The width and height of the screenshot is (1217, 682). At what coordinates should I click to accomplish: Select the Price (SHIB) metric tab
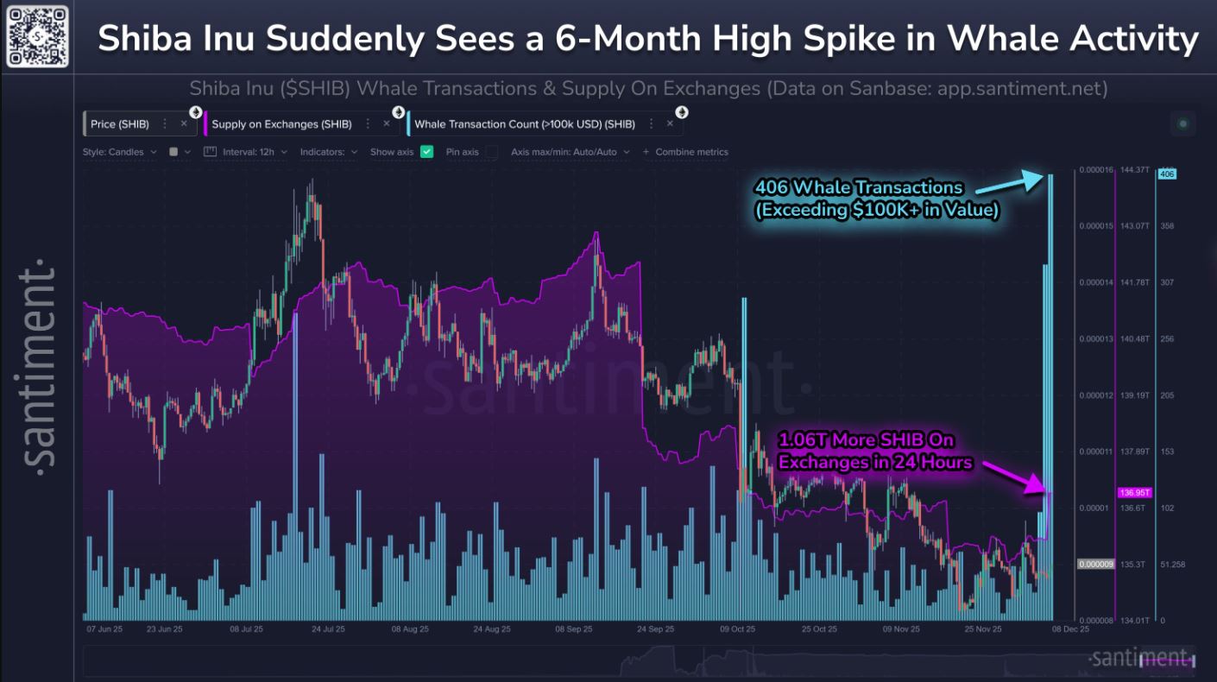click(120, 124)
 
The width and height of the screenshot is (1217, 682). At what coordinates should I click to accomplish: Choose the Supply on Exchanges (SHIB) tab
click(281, 124)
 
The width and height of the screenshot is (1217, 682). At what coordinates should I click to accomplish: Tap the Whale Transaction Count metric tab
click(524, 124)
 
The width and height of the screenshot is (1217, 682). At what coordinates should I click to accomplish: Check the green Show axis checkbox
click(426, 152)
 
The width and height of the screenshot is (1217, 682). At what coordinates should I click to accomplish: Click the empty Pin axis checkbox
click(491, 152)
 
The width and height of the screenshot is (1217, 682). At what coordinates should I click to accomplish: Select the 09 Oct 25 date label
click(737, 629)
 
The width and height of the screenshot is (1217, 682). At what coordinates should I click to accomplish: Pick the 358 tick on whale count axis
click(1167, 226)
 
